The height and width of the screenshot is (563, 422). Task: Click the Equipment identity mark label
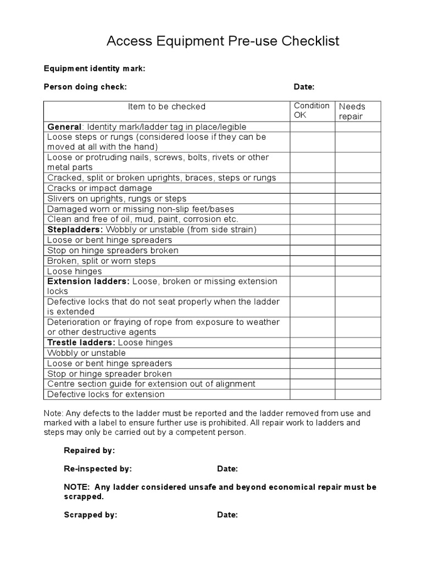95,69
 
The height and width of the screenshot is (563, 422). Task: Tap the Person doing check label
85,87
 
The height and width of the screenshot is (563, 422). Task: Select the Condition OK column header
312,111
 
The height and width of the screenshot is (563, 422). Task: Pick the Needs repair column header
352,111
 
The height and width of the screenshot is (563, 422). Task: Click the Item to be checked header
166,107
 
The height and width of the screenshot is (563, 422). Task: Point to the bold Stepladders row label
75,229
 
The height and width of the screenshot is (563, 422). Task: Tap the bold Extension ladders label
88,281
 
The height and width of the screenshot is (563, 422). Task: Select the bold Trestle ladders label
81,343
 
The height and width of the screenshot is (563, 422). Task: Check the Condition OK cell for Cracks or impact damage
313,188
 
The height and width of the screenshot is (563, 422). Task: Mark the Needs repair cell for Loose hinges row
358,271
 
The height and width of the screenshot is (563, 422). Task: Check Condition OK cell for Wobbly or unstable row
313,353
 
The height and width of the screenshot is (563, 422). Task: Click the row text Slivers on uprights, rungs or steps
117,198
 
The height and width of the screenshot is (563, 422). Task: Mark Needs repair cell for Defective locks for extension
358,394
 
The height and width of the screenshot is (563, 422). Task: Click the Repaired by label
90,450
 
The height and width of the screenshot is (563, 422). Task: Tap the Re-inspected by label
98,469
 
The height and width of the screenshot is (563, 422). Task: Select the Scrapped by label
91,515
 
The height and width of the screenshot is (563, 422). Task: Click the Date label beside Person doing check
304,87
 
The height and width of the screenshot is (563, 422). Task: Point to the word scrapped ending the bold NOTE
84,496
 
